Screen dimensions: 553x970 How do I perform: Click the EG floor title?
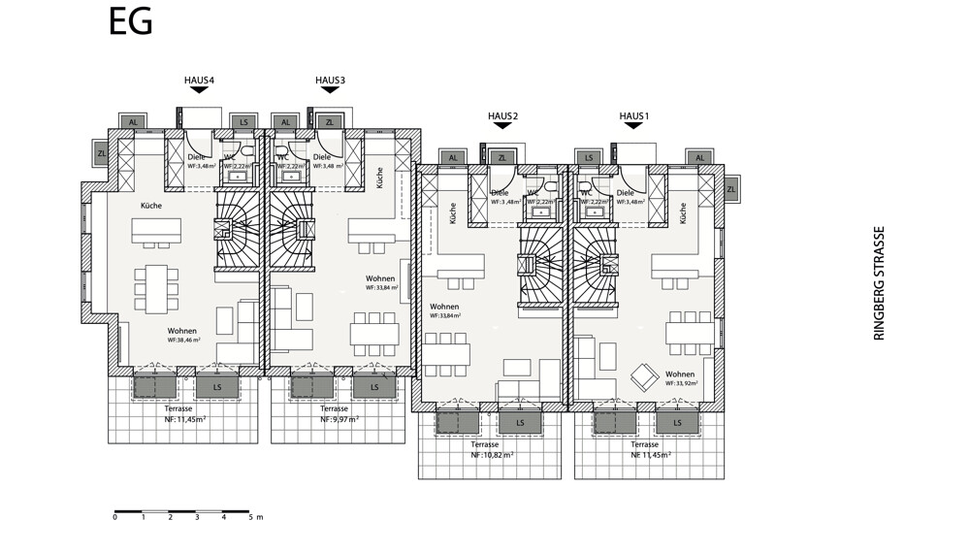click(x=130, y=22)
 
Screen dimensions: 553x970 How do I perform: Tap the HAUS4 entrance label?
click(x=199, y=80)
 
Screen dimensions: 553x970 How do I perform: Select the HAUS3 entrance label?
click(x=330, y=80)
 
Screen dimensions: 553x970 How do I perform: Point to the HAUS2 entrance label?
click(x=502, y=116)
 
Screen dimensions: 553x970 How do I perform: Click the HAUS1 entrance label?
click(x=633, y=116)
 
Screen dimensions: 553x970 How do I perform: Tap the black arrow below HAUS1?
click(x=633, y=126)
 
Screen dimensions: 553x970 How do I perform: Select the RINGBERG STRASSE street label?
click(x=880, y=283)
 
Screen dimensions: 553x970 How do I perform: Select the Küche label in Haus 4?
click(x=150, y=206)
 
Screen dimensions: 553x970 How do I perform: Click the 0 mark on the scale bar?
click(x=114, y=517)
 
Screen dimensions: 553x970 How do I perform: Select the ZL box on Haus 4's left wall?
click(x=101, y=153)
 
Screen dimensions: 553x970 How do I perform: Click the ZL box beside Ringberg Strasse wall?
click(x=731, y=190)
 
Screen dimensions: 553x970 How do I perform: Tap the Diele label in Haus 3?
click(x=322, y=157)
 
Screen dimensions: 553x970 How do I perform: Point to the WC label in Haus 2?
click(x=532, y=193)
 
